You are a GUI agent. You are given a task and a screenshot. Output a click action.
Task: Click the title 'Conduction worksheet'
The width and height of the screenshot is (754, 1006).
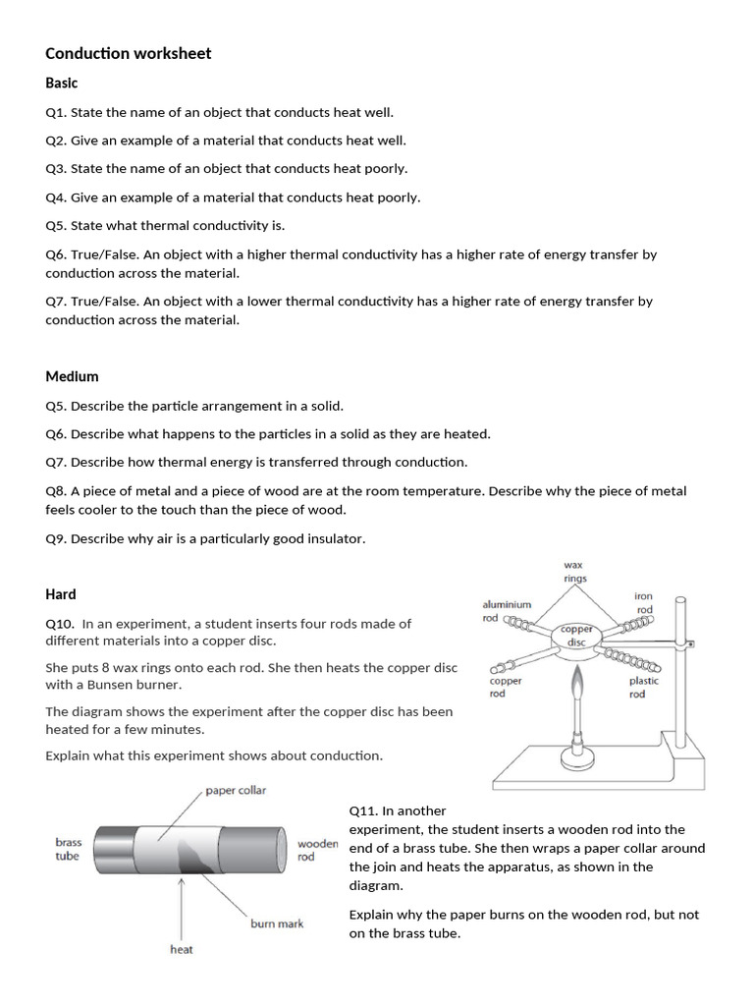coord(128,53)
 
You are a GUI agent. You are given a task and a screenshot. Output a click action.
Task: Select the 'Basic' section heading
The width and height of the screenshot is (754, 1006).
coord(61,84)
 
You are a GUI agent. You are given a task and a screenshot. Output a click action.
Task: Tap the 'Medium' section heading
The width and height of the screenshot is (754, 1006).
coord(72,376)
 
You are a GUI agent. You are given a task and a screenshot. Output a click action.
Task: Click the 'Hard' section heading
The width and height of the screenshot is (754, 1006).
coord(60,594)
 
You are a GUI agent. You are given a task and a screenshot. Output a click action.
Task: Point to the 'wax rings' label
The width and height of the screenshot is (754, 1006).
coord(574,572)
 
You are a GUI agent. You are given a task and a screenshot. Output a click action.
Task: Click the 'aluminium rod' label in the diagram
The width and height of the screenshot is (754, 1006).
coord(506,611)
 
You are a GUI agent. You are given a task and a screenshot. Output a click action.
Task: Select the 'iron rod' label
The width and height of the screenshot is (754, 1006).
coord(643,603)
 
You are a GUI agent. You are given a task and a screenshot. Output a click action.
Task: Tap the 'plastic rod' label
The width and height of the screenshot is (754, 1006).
coord(643,687)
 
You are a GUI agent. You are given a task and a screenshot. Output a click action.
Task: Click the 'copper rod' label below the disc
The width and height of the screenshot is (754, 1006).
coord(506,687)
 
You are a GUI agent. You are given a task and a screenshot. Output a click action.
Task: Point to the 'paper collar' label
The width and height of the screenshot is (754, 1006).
coord(236,790)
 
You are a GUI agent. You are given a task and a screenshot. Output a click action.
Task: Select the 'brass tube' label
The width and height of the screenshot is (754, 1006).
coord(68,849)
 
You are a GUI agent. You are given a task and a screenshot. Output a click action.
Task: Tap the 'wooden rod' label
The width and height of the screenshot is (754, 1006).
coord(317,850)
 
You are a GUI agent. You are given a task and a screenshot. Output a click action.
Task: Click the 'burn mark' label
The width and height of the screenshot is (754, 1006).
coord(277,923)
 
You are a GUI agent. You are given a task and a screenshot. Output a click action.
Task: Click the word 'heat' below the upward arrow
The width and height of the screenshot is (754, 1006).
coord(182,949)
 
